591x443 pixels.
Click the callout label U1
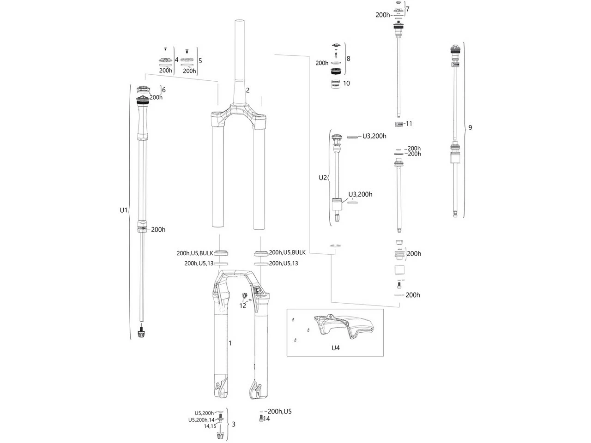click(123, 210)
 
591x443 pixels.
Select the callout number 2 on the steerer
click(247, 90)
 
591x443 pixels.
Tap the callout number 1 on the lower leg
click(230, 343)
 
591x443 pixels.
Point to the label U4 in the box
click(335, 347)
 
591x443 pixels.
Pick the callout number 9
click(470, 128)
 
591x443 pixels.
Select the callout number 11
click(409, 124)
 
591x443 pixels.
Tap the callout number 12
click(243, 305)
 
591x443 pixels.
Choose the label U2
click(323, 178)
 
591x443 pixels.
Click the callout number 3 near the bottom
click(234, 424)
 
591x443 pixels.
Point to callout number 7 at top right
click(407, 9)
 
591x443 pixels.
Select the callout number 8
click(348, 59)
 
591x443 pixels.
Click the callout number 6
click(163, 90)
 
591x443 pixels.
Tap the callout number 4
click(176, 60)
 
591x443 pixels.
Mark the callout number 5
click(200, 60)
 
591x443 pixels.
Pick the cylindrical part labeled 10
click(336, 85)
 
